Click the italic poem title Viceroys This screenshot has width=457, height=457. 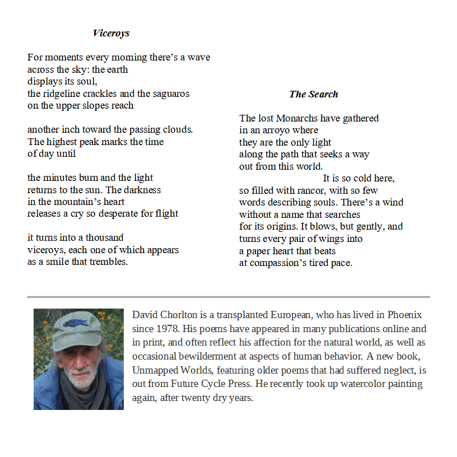coord(111,33)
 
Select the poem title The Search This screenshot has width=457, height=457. coord(314,94)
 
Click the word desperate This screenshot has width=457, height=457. coord(119,213)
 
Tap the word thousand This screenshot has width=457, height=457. coord(104,237)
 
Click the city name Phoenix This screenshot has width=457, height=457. coord(404,315)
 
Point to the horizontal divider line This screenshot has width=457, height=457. coord(228,297)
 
